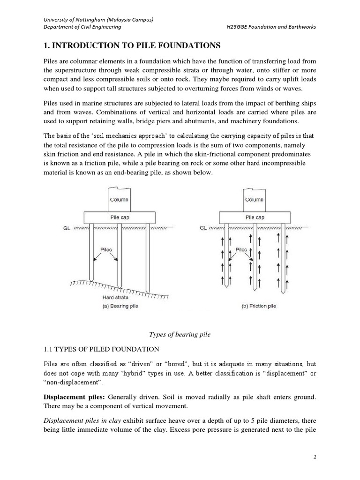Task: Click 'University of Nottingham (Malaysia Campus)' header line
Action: tap(99, 19)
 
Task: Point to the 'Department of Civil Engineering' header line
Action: tap(82, 27)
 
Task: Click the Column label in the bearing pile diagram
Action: tap(119, 199)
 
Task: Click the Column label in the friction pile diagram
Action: tap(255, 199)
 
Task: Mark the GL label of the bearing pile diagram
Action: tap(67, 228)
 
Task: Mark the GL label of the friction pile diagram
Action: tap(203, 228)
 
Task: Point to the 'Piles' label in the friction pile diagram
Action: tap(241, 250)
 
